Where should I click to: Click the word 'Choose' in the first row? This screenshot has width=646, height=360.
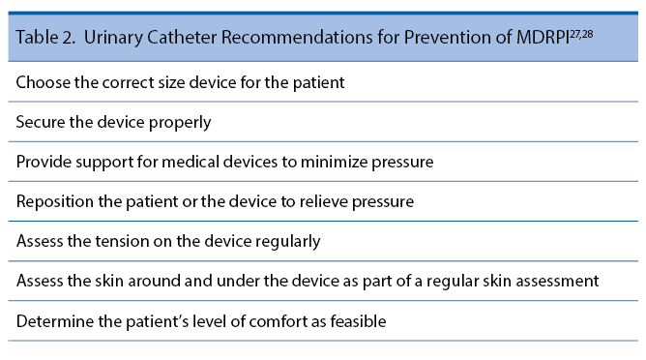point(42,83)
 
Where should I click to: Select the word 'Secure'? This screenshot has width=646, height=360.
point(40,123)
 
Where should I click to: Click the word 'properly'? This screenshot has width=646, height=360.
point(180,123)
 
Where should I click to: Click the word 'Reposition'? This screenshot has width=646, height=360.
point(54,202)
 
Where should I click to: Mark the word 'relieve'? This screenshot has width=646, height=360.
point(338,202)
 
